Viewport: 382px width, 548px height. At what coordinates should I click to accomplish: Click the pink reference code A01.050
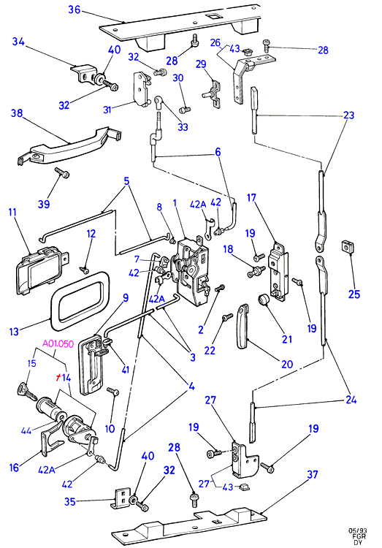pyautogui.click(x=58, y=344)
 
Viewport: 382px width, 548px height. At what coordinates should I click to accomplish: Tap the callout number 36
pyautogui.click(x=74, y=9)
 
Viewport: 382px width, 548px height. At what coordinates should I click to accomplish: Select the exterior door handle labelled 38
pyautogui.click(x=68, y=145)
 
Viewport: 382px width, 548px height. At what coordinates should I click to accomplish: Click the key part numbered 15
pyautogui.click(x=27, y=392)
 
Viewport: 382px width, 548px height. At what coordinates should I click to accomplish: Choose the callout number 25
pyautogui.click(x=354, y=294)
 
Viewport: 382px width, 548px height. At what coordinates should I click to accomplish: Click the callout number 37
pyautogui.click(x=313, y=474)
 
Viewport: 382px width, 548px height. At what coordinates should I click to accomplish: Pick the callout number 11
pyautogui.click(x=12, y=212)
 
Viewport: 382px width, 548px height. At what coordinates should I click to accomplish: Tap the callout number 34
pyautogui.click(x=18, y=42)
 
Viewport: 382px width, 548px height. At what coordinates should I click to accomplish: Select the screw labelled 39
pyautogui.click(x=62, y=172)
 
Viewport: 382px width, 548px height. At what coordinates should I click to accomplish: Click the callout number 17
pyautogui.click(x=251, y=198)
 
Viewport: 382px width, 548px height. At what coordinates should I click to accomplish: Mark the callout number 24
pyautogui.click(x=351, y=399)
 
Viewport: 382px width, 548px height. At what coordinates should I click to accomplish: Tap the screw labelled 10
pyautogui.click(x=113, y=392)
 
